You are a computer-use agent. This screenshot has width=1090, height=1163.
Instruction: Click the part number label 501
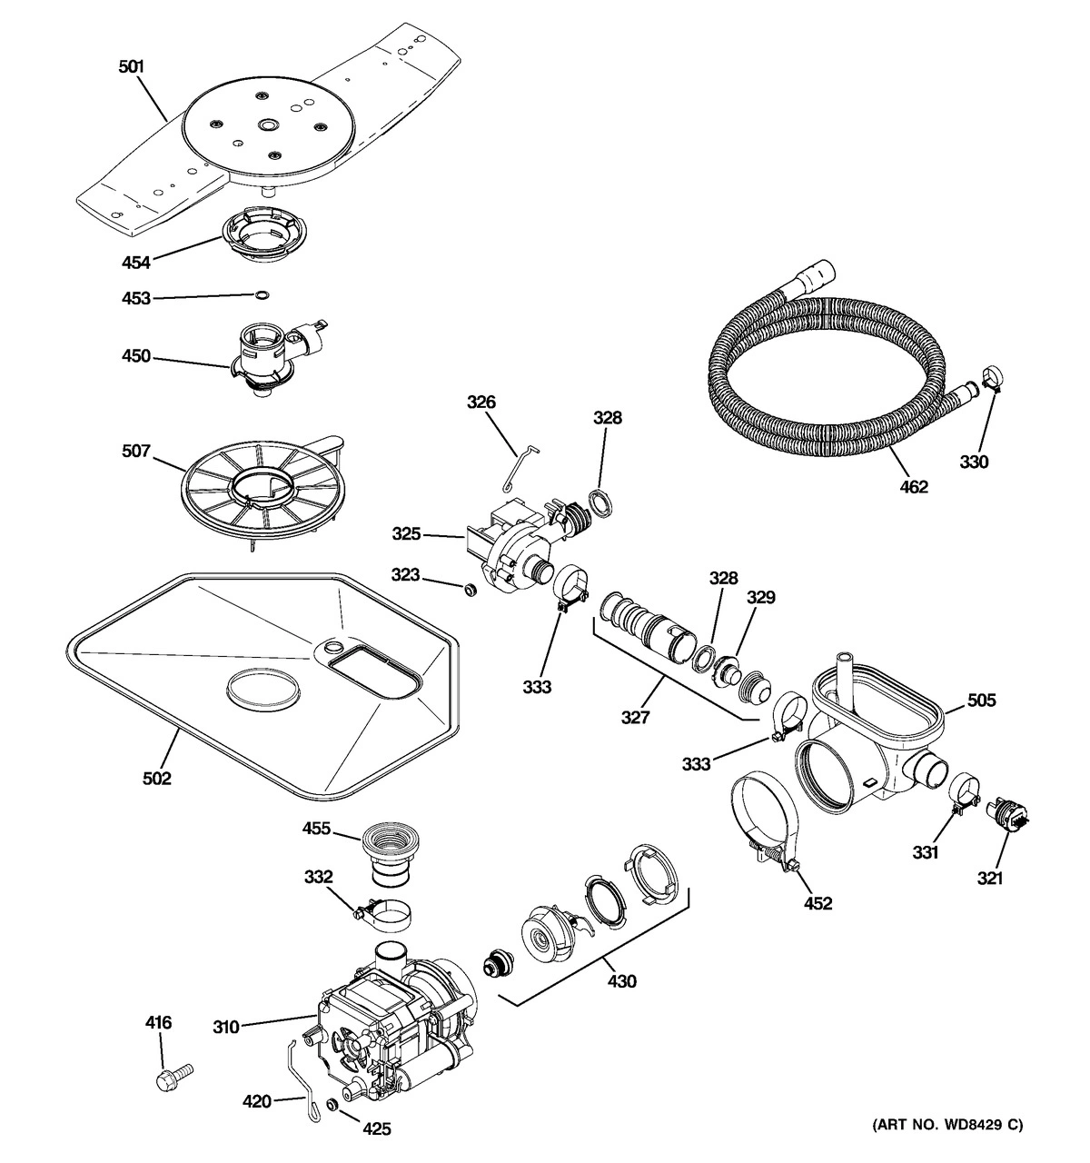click(132, 66)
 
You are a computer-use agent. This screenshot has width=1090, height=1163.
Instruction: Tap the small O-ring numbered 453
click(262, 294)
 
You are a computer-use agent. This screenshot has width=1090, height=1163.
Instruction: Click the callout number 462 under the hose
click(914, 487)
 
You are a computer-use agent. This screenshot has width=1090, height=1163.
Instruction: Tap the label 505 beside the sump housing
click(981, 700)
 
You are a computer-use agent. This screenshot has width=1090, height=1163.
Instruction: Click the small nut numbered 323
click(470, 591)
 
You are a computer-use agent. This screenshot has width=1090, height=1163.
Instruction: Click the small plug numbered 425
click(333, 1106)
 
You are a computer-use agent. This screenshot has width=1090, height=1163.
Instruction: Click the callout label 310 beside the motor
click(226, 1027)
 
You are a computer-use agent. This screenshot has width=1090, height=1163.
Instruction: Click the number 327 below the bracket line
click(635, 717)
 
